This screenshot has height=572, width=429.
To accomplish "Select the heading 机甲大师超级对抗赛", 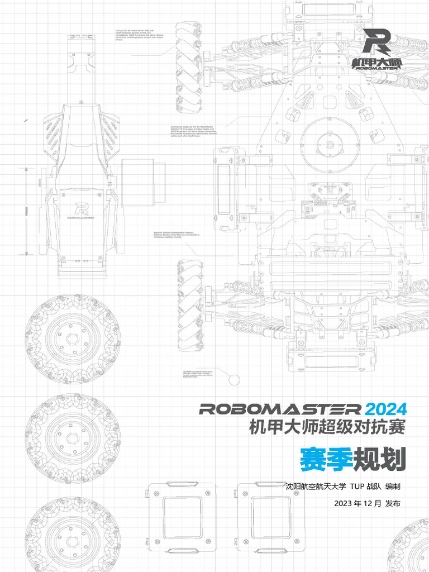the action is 327,427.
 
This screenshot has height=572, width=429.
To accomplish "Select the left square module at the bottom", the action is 182,517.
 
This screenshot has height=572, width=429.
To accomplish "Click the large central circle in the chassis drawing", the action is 330,145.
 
